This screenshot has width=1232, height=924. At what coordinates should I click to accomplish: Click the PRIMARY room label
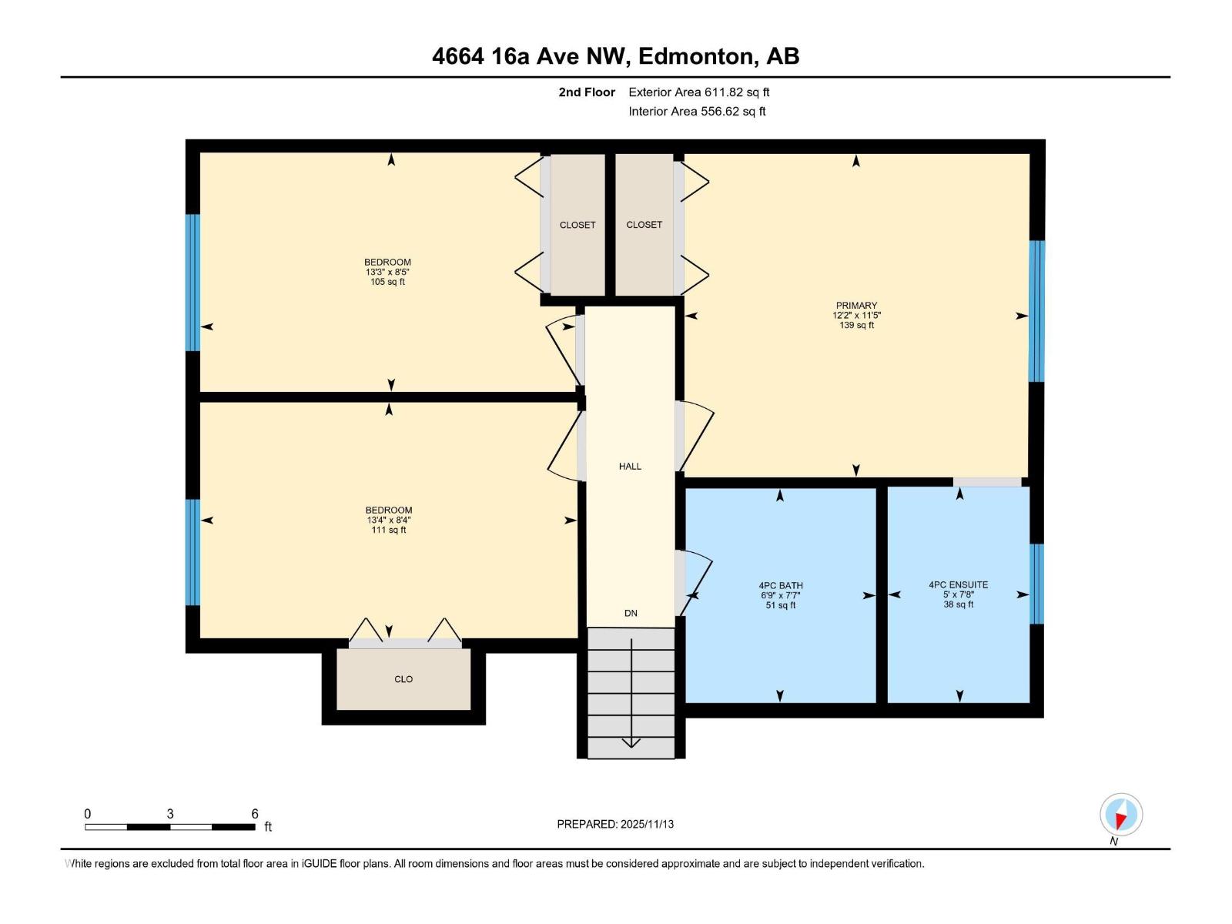pos(856,306)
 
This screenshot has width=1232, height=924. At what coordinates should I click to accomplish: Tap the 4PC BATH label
pos(780,585)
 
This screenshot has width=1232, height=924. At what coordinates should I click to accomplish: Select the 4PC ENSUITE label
pos(958,584)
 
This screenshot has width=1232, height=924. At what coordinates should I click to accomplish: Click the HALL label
pos(630,466)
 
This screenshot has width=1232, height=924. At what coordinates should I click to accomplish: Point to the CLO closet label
pos(403,679)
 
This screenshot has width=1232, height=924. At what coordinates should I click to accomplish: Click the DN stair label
pos(631,613)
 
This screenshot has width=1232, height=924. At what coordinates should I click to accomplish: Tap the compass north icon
pos(1121,815)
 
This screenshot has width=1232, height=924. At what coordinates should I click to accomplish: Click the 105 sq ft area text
pos(387,282)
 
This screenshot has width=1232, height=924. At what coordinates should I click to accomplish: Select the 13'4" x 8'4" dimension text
pos(389,520)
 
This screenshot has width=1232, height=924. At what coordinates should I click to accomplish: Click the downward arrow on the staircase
pos(631,740)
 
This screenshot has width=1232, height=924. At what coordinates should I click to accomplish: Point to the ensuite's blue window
pos(1036,584)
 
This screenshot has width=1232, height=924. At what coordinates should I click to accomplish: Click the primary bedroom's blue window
pos(1036,311)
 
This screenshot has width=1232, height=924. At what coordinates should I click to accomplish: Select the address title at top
pos(615,56)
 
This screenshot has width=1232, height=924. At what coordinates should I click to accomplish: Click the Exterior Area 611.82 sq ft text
pos(698,92)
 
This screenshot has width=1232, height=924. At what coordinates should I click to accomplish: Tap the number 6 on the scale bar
pos(255,814)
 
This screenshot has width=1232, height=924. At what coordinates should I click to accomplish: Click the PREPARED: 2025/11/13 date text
pos(615,824)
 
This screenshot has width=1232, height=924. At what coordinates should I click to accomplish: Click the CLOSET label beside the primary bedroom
pos(644,225)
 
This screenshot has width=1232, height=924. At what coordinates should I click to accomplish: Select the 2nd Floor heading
pos(587,92)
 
